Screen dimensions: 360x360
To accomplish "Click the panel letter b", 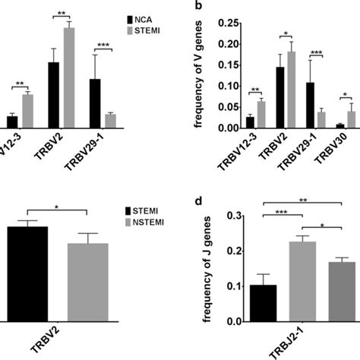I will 198,5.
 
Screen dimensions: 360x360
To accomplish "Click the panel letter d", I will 198,201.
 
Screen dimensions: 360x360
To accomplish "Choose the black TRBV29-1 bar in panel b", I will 310,106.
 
